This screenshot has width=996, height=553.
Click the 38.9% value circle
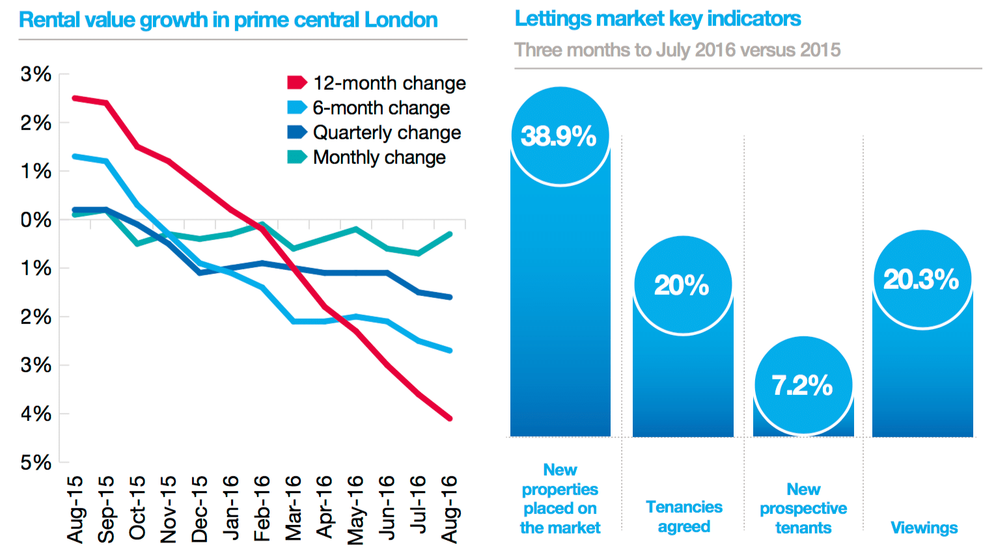click(x=560, y=137)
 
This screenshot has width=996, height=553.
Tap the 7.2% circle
click(x=803, y=385)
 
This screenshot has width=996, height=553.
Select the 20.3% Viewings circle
click(x=922, y=280)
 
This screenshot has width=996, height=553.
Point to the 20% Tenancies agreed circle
click(x=683, y=285)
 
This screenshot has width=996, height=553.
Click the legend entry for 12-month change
click(x=377, y=83)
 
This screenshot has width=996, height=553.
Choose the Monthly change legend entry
click(x=367, y=157)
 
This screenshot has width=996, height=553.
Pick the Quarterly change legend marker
click(x=297, y=133)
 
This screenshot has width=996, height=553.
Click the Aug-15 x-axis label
click(x=76, y=509)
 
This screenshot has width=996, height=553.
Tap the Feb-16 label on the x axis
click(x=262, y=509)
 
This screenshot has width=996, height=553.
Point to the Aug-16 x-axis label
click(x=450, y=509)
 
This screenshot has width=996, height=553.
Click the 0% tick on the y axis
click(x=36, y=220)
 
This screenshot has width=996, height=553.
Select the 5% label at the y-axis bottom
click(x=36, y=463)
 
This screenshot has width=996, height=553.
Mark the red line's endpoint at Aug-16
click(x=449, y=418)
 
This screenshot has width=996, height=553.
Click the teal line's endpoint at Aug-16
click(x=449, y=234)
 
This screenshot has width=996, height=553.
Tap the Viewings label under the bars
click(x=924, y=528)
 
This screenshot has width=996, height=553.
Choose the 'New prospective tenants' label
click(x=803, y=508)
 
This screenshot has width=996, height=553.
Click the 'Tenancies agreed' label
click(x=684, y=517)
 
